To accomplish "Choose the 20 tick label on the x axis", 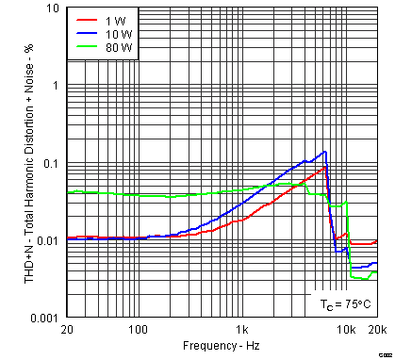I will click(67, 330).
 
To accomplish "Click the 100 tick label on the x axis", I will click(139, 330).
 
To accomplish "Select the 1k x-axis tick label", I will click(242, 330).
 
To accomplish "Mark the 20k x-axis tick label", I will click(376, 330).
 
